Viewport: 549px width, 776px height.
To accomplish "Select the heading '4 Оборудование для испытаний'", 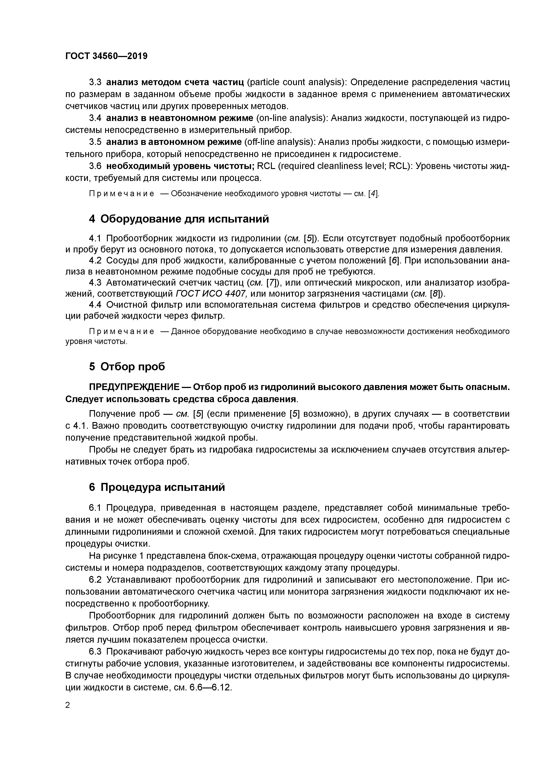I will coord(179,219).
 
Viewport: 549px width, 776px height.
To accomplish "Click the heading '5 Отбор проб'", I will coord(127,367).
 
